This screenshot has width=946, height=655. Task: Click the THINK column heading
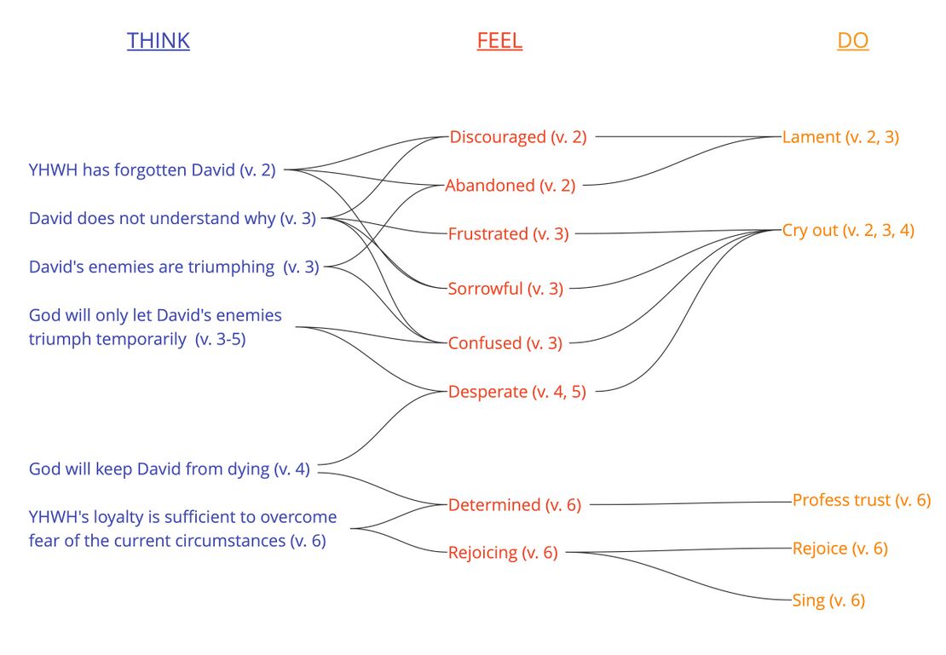click(159, 41)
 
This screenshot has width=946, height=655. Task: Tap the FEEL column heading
click(499, 41)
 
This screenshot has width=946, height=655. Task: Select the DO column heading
click(852, 41)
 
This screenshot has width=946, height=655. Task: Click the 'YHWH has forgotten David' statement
click(153, 169)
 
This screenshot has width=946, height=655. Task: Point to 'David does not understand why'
click(172, 218)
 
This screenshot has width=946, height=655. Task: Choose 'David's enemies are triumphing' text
click(174, 267)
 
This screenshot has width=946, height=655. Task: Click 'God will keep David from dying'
click(170, 468)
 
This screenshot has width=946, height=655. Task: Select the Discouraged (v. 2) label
click(518, 136)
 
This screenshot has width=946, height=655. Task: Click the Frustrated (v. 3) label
click(508, 233)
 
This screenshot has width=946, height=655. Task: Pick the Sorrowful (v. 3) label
click(505, 288)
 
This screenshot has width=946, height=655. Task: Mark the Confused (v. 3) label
click(505, 342)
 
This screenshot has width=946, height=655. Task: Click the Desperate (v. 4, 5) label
click(517, 392)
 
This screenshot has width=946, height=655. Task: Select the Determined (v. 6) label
click(515, 504)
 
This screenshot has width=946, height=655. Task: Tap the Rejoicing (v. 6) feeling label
click(503, 552)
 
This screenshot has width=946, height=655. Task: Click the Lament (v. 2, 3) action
click(840, 136)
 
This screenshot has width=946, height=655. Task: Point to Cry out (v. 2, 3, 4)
click(848, 230)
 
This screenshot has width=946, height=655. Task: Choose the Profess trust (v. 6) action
click(862, 500)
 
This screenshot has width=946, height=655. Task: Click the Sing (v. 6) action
click(828, 600)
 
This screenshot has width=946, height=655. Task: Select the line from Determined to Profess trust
click(690, 503)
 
